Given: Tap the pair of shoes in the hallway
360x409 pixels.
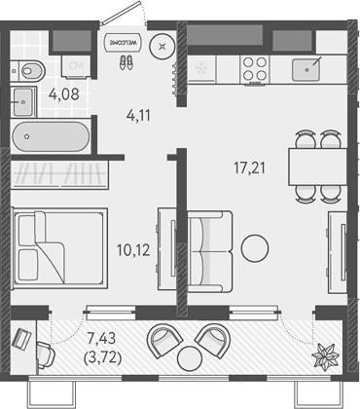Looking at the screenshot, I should [x=126, y=61].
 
